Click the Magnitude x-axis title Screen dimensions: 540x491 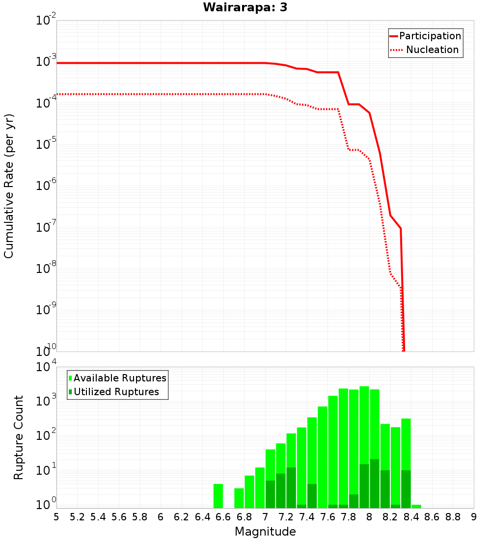[x=265, y=532]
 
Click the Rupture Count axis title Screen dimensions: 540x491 [x=19, y=437]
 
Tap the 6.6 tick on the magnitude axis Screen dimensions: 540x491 [x=223, y=517]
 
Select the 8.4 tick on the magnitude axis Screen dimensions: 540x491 [x=411, y=517]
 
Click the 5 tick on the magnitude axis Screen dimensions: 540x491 [x=56, y=517]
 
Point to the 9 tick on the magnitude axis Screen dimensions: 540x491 [x=474, y=517]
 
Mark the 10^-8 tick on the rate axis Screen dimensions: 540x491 [x=47, y=269]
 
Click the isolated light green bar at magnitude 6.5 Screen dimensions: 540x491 [x=218, y=496]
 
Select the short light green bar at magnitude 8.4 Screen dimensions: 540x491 [x=416, y=506]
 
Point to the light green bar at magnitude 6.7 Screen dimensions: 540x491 [x=239, y=498]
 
